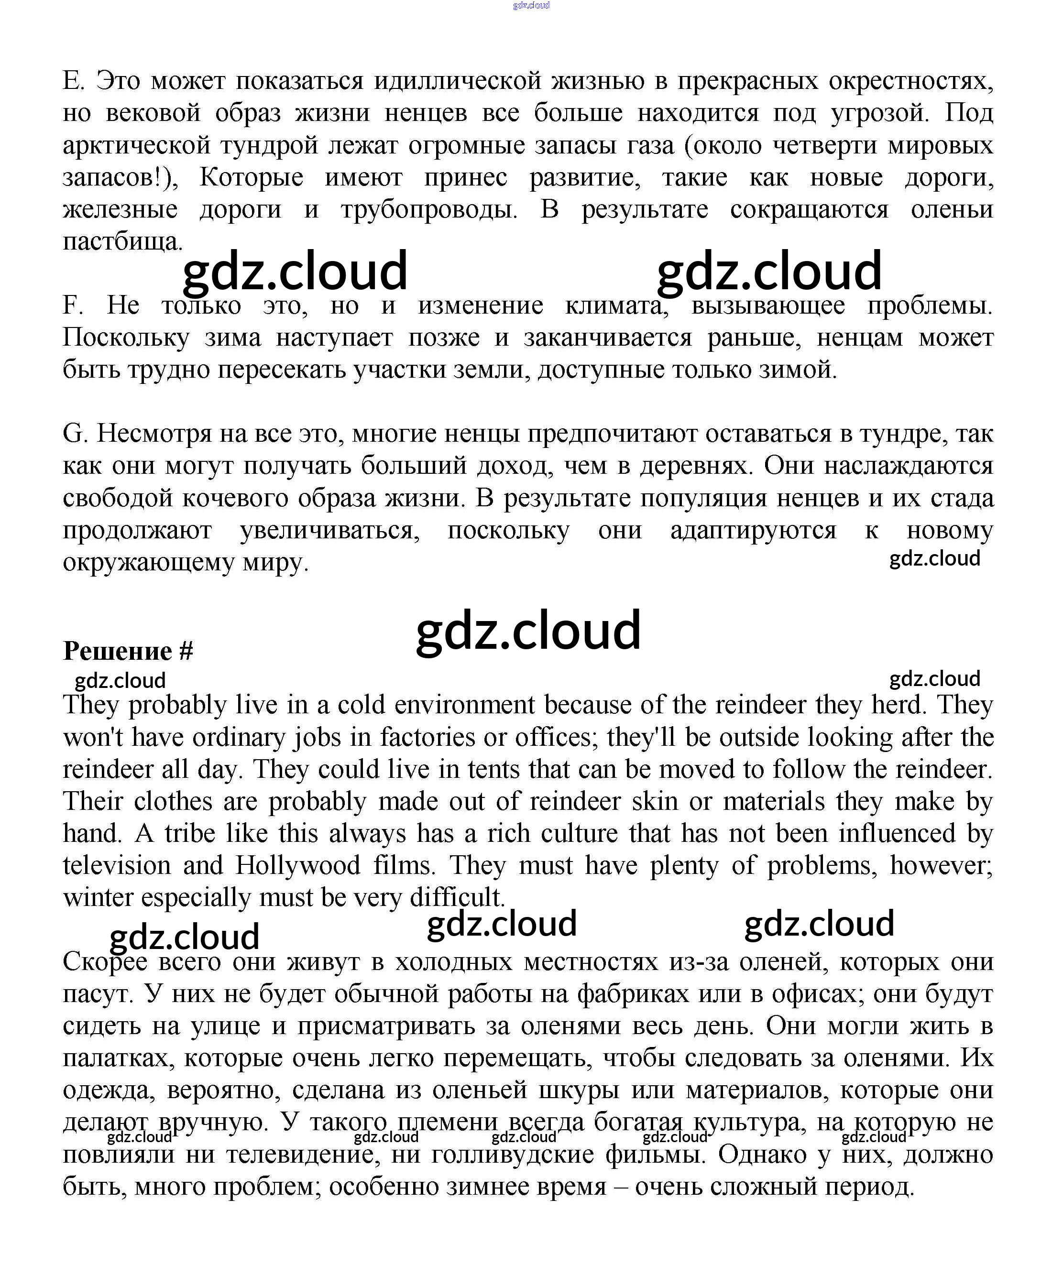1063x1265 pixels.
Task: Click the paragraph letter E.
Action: point(72,81)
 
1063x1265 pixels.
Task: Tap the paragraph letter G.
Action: point(75,434)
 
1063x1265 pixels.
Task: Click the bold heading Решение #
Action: point(128,651)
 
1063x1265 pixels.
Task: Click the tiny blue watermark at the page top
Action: point(531,5)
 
